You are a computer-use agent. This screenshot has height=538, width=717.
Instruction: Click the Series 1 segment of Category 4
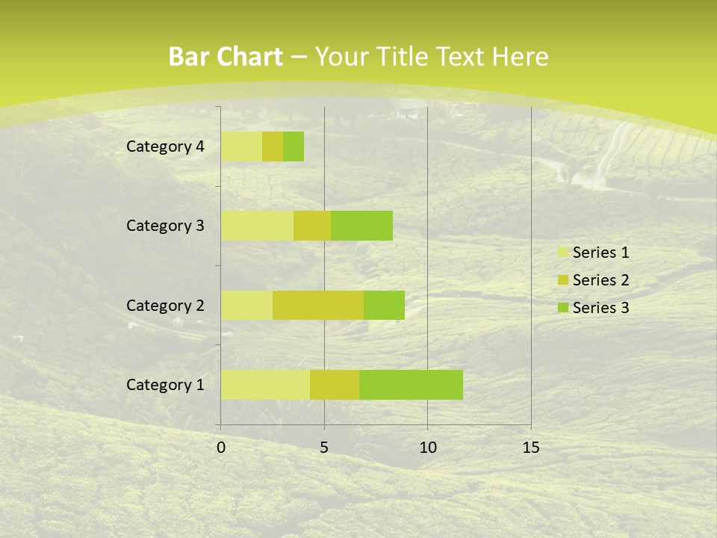point(241,146)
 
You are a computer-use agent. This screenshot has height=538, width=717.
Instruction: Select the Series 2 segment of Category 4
point(273,146)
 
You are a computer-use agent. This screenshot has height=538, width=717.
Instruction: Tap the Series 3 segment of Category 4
point(294,146)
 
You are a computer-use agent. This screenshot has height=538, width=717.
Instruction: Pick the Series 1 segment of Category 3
point(257,226)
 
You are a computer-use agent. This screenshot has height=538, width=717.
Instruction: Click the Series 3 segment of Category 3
point(362,226)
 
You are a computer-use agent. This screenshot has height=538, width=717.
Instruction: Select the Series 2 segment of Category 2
point(318,305)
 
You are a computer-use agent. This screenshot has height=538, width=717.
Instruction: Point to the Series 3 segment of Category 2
point(384,305)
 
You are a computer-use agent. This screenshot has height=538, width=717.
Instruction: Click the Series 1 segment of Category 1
point(265,385)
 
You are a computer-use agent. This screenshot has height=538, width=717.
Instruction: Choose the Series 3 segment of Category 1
point(411,385)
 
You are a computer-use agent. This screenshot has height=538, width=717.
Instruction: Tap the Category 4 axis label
point(165,146)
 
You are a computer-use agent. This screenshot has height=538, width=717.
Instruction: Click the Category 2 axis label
point(165,305)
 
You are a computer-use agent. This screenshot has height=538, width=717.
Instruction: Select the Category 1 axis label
point(165,385)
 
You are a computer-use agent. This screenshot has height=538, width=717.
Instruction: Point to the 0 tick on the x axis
point(221,448)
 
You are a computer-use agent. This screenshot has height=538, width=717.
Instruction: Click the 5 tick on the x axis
point(324,448)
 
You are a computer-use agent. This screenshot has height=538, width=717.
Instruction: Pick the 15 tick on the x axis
point(530,448)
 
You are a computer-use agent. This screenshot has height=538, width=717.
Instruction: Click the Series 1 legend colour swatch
point(562,253)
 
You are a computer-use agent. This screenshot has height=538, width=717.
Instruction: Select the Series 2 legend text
point(600,280)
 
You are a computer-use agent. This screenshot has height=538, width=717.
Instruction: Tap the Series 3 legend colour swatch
point(562,308)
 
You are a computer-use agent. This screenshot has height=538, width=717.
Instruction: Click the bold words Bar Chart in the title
point(226,57)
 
